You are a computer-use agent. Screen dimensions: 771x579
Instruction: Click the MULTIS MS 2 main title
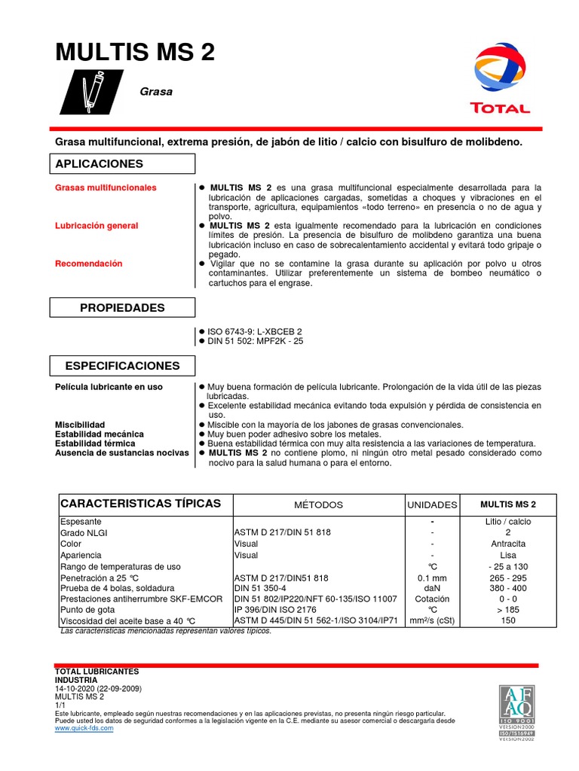pos(135,52)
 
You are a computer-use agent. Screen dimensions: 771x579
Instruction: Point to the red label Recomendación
pos(89,264)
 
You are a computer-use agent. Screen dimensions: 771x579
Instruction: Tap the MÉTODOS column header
pos(318,504)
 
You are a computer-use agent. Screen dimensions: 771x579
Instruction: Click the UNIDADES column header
pos(432,504)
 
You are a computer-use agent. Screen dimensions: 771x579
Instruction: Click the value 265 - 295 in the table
pos(508,577)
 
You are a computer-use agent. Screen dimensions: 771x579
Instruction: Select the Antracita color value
pos(508,544)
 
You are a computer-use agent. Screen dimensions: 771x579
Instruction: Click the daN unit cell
pos(432,588)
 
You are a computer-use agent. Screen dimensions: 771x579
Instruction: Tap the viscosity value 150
pos(508,620)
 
